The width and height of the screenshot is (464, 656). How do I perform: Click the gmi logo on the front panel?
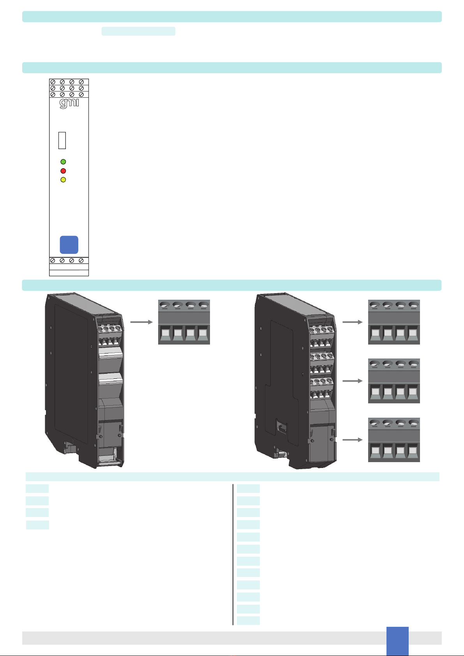point(69,103)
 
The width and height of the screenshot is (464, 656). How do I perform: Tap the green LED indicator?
point(63,162)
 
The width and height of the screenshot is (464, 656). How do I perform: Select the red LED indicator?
point(63,171)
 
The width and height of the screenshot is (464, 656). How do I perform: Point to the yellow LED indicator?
point(63,180)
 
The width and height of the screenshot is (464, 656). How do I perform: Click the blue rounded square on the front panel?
point(69,244)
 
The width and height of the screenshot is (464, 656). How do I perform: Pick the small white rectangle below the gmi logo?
point(62,141)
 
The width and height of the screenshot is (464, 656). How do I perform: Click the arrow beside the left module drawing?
point(141,322)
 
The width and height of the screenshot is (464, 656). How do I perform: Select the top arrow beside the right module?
point(352,322)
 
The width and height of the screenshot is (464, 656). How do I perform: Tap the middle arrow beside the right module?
point(352,381)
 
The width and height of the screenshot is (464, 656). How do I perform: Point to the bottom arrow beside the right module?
point(352,440)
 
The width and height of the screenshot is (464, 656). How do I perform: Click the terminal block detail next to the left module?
point(184,322)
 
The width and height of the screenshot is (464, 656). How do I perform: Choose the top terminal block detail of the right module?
point(394,322)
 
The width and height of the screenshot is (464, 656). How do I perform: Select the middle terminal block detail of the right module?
point(394,381)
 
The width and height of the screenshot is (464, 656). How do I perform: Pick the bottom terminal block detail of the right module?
point(394,440)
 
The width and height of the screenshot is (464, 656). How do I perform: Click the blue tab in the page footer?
point(397,640)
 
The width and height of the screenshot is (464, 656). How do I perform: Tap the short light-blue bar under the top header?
point(138,31)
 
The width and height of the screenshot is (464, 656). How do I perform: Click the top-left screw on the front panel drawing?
point(53,82)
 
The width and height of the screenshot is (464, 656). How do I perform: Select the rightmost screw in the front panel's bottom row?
point(81,260)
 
